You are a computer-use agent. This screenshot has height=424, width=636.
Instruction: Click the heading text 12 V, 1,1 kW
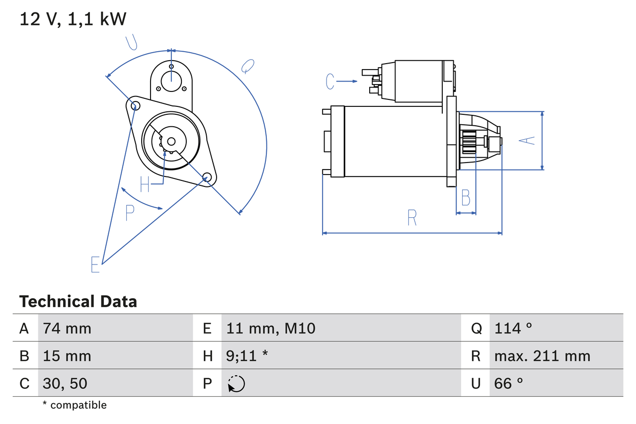pos(73,19)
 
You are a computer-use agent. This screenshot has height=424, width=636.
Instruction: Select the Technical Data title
pos(78,301)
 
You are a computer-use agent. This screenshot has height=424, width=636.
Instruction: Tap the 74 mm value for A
pos(67,328)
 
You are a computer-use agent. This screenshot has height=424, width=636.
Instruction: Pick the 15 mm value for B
pos(67,356)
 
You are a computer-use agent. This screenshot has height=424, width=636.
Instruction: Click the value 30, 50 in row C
pos(65,383)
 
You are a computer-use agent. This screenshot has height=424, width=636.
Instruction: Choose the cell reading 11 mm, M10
pos(271,328)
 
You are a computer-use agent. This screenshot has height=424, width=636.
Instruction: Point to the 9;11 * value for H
pos(247,356)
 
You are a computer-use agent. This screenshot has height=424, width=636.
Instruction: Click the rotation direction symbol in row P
pos(236,384)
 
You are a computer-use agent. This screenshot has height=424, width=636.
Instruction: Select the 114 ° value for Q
pos(513,328)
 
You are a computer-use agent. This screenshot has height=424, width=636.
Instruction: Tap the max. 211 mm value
pos(542,356)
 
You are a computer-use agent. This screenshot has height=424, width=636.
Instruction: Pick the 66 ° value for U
pos(509,383)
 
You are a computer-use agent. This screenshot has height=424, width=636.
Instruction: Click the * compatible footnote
pos(75,405)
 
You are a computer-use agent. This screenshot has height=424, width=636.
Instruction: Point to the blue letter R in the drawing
pos(412,218)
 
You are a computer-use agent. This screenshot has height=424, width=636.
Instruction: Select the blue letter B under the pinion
pos(466,198)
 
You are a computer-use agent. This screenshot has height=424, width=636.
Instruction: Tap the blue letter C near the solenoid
pos(330,81)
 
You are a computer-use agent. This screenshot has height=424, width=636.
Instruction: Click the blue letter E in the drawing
pos(95,264)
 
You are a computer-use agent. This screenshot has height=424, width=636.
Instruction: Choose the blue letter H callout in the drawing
pos(145,184)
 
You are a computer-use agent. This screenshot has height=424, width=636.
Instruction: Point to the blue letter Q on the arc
pos(247,66)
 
